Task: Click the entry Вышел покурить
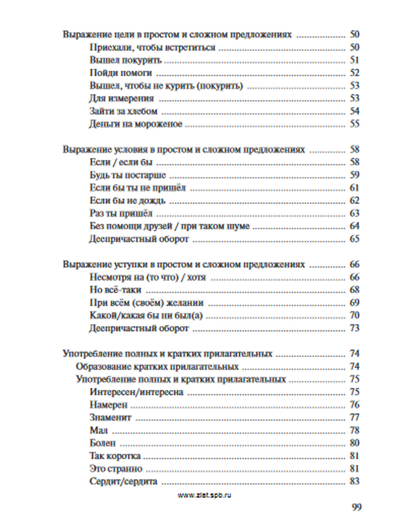click(x=126, y=60)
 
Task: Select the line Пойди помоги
click(x=121, y=73)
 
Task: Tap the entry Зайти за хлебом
click(x=123, y=111)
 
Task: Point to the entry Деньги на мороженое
click(x=136, y=124)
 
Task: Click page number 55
click(x=354, y=124)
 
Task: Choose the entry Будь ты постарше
click(x=128, y=175)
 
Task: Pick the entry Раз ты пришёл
click(x=121, y=213)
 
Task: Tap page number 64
click(x=354, y=226)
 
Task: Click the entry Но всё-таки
click(x=116, y=290)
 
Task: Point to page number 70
click(x=354, y=315)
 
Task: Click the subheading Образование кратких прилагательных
click(x=157, y=366)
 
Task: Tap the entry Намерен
click(x=109, y=405)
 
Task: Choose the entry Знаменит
click(x=110, y=417)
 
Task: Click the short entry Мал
click(x=98, y=430)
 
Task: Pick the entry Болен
click(x=102, y=443)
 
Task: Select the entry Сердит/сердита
click(x=123, y=481)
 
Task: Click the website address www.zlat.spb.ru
click(x=204, y=495)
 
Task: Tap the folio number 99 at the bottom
click(x=356, y=507)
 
